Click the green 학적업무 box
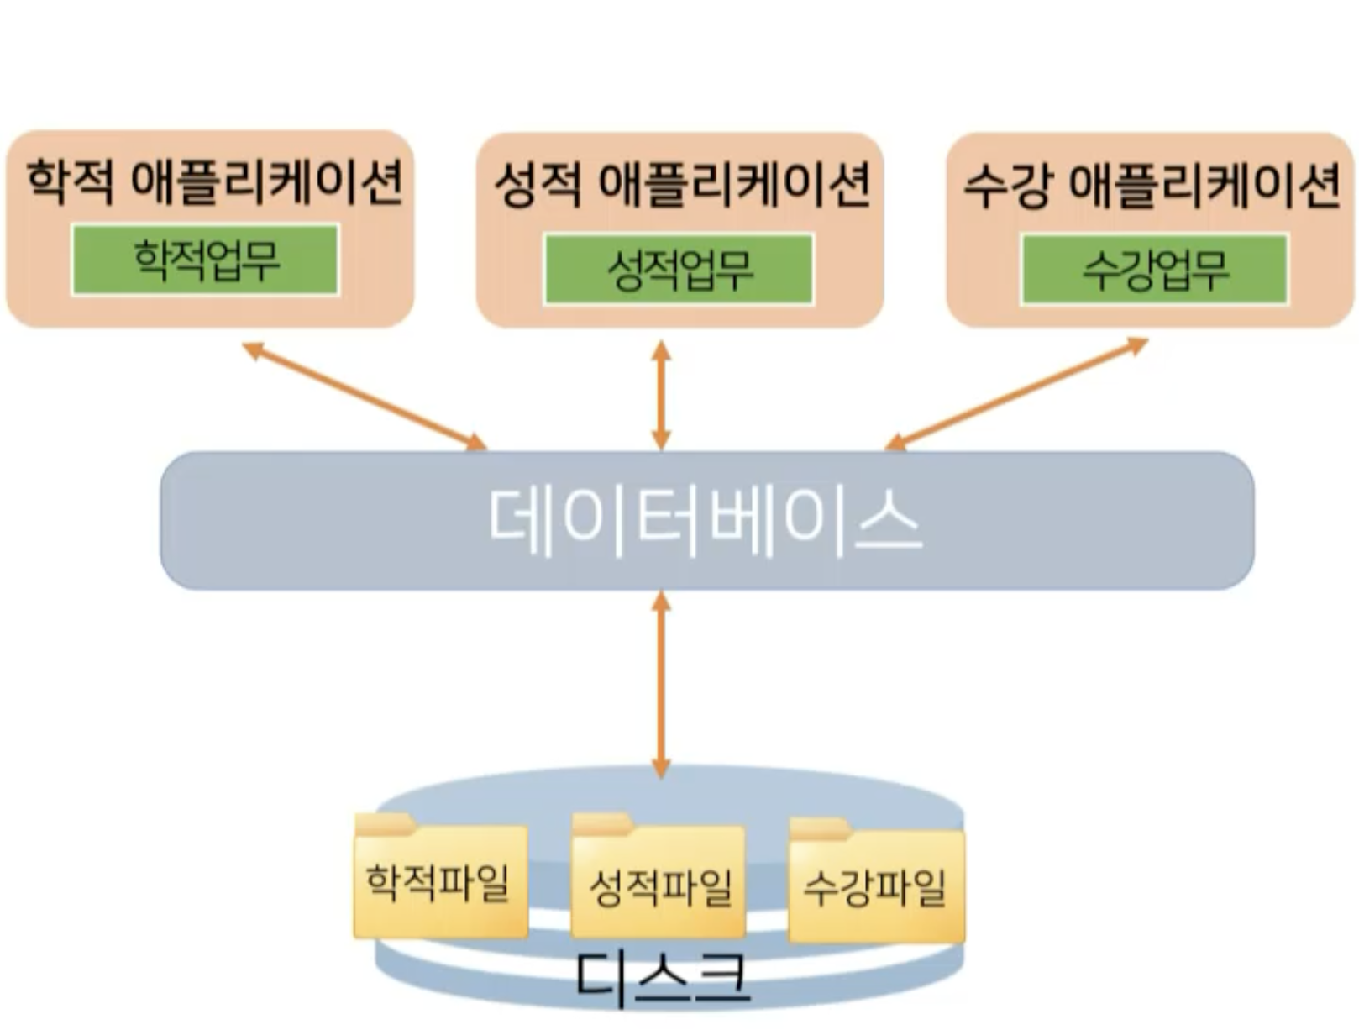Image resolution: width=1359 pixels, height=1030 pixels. tap(206, 260)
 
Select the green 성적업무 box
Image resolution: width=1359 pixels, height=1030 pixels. tap(679, 269)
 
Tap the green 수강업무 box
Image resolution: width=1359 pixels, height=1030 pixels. tap(1154, 269)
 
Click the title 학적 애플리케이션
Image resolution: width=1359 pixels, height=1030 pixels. tap(214, 181)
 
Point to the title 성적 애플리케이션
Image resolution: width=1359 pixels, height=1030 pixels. tap(681, 184)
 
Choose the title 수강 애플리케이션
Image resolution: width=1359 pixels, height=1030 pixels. tap(1151, 184)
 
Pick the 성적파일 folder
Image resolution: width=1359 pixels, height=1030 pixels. tap(659, 885)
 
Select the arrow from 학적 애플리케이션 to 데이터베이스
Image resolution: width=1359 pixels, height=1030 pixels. tap(365, 396)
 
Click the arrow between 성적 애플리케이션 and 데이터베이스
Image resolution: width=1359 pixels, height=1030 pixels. tap(661, 395)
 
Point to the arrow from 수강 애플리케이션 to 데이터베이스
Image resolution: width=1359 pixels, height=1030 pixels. tap(1016, 393)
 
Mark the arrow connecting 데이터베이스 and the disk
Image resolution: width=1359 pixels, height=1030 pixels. tap(661, 684)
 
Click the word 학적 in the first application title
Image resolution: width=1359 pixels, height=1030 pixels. tap(70, 181)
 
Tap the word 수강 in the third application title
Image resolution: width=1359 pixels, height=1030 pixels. tap(1006, 185)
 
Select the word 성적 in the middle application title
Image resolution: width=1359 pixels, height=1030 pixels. tap(537, 185)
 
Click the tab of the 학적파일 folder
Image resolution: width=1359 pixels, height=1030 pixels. tap(384, 823)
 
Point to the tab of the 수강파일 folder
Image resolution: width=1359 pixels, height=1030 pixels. tap(820, 830)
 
